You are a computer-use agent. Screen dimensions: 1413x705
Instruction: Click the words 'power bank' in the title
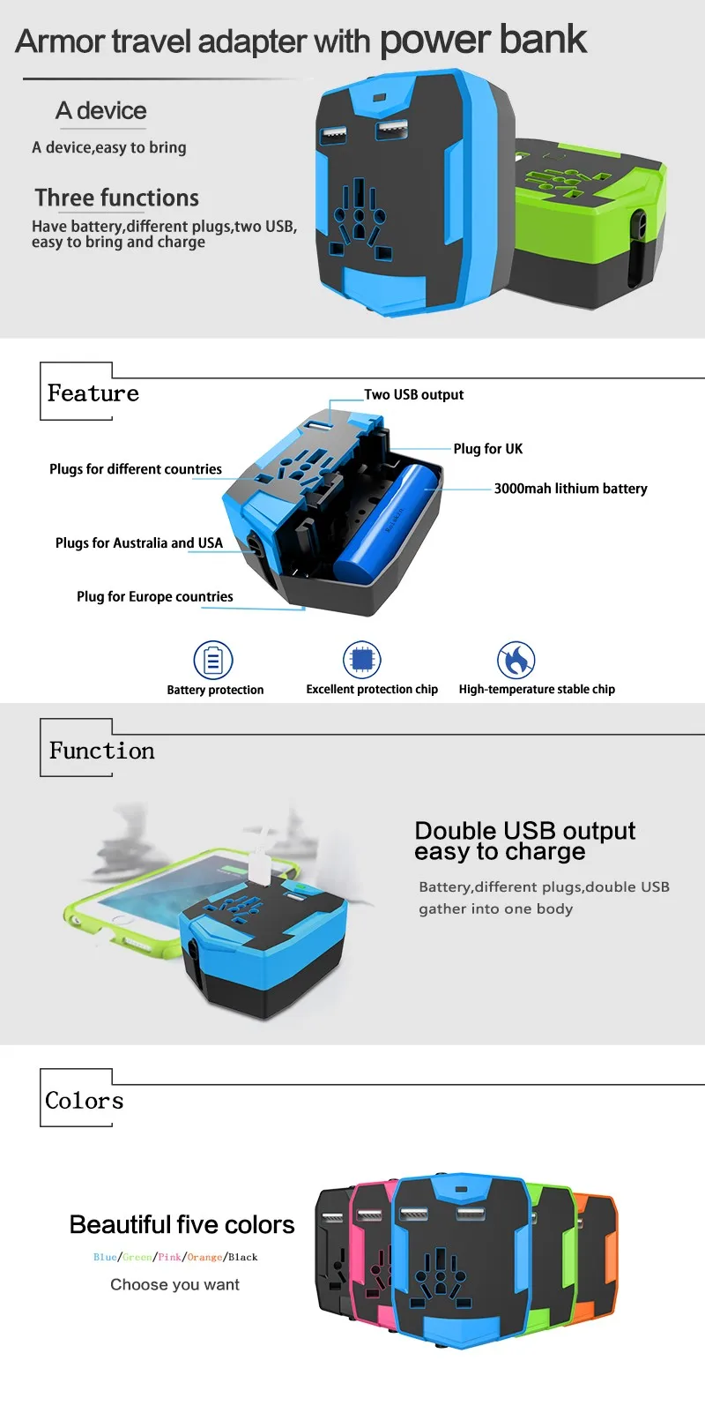483,40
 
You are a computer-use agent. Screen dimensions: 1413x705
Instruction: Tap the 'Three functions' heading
117,198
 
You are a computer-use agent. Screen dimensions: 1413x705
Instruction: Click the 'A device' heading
100,111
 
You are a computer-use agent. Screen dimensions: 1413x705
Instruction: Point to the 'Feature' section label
93,393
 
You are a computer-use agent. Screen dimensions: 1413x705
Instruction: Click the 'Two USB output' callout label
413,394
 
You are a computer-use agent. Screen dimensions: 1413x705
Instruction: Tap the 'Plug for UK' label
487,449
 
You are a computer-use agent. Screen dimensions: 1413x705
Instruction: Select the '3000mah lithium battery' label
570,489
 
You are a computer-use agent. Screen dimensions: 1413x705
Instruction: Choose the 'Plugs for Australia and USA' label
138,543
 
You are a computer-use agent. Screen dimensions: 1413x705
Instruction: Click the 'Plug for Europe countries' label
154,597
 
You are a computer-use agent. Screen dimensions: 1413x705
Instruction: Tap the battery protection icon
213,660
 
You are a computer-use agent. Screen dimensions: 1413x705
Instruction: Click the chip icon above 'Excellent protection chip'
361,659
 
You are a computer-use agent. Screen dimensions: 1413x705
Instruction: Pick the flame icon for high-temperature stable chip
516,660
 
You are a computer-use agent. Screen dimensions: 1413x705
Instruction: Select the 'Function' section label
101,751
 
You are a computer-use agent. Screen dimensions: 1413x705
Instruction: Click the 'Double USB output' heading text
524,831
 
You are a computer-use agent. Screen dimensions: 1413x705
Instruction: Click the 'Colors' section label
84,1101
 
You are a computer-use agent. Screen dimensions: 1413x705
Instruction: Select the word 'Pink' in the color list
169,1257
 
